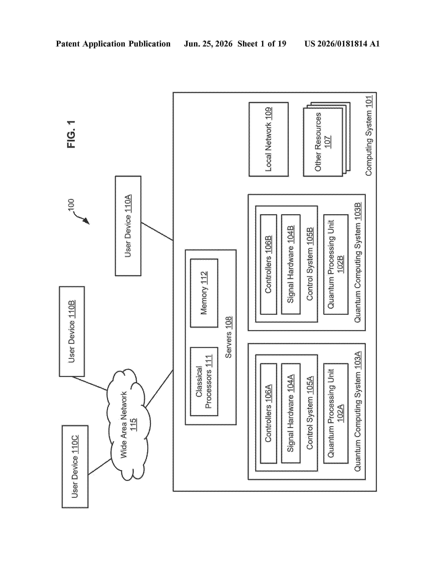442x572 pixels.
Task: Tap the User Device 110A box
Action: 128,226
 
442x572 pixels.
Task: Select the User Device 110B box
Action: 72,331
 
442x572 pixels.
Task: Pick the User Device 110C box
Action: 75,466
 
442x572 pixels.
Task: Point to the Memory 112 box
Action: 204,293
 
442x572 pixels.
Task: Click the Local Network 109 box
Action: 269,139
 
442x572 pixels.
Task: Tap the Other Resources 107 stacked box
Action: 327,139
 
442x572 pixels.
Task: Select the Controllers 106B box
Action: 268,265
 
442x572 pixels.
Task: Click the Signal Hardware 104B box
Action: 291,265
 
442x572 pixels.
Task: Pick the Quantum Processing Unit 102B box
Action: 336,265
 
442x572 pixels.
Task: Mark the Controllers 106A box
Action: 268,413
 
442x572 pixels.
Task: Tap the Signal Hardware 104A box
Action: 291,413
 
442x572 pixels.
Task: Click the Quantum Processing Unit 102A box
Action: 336,413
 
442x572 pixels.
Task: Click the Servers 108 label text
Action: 228,337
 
